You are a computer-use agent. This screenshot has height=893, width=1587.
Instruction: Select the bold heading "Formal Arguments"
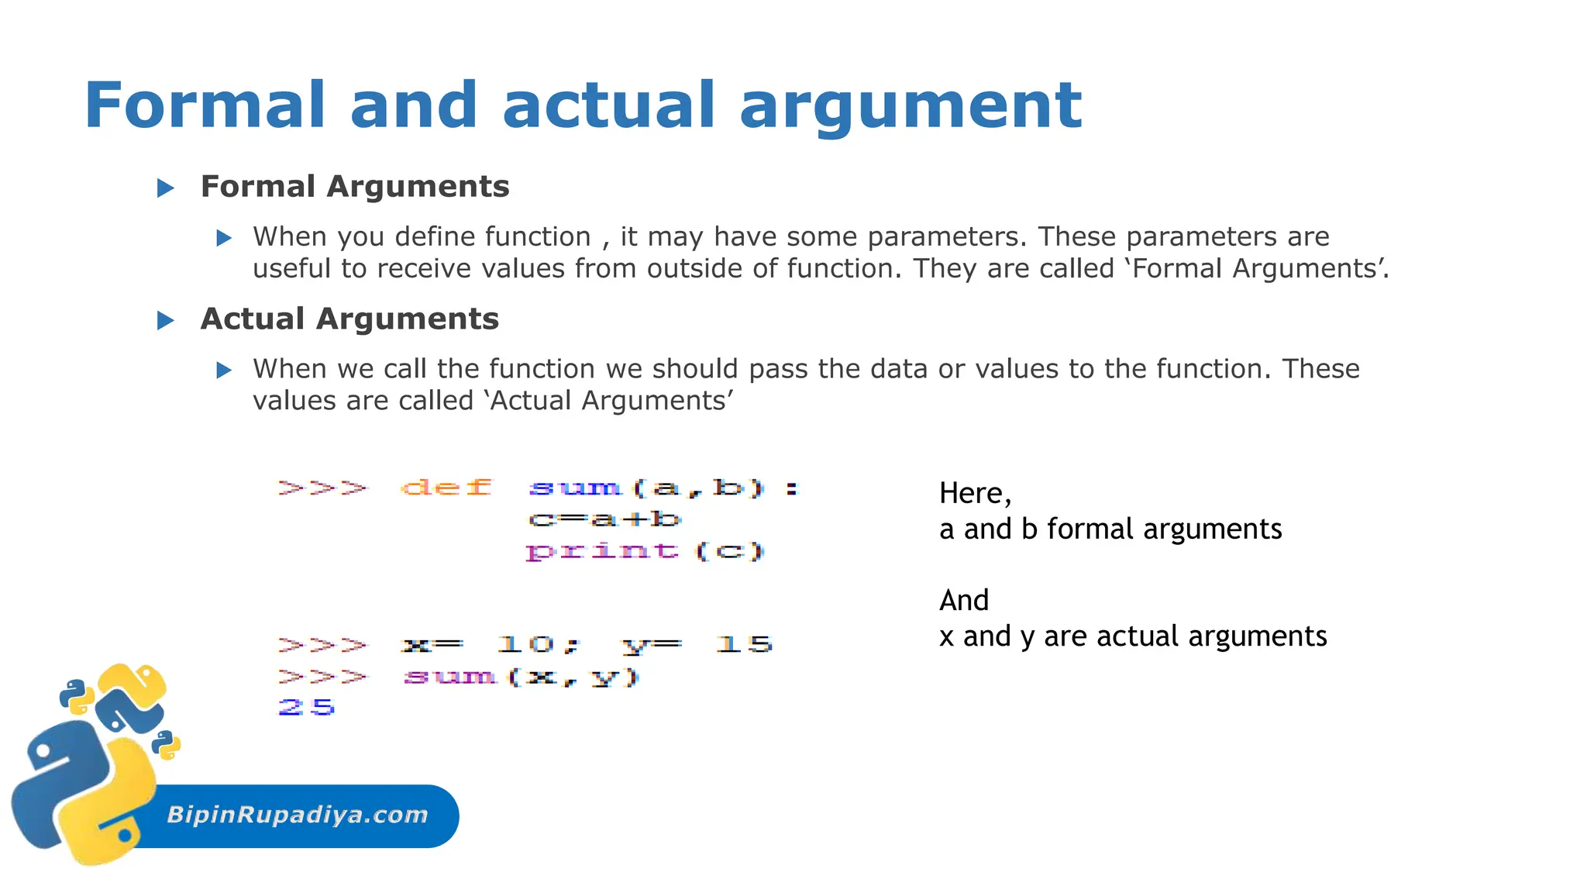click(355, 187)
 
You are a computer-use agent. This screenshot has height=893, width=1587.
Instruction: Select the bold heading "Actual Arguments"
click(349, 319)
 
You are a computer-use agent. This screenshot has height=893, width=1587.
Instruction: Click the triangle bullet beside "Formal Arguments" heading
click(166, 188)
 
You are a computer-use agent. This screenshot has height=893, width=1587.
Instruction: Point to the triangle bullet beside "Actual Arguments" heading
click(166, 320)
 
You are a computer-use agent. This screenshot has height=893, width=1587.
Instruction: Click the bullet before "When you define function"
click(224, 238)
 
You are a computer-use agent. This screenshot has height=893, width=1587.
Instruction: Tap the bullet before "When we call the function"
click(224, 370)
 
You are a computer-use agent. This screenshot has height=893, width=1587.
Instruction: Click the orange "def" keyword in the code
click(446, 488)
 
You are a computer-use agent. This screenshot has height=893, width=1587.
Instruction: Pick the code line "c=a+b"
click(604, 519)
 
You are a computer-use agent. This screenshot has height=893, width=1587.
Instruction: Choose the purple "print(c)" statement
click(645, 551)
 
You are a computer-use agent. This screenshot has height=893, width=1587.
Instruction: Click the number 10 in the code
click(525, 644)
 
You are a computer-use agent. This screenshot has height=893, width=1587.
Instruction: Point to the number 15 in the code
click(744, 644)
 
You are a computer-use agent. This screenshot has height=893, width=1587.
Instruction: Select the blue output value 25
click(307, 707)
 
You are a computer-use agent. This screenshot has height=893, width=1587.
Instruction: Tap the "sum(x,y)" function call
click(522, 677)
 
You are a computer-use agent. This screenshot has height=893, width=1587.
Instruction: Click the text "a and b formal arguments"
click(1110, 529)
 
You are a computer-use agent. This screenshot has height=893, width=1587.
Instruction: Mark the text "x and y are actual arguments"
click(1132, 636)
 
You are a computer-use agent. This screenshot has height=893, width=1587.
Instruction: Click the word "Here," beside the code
click(975, 494)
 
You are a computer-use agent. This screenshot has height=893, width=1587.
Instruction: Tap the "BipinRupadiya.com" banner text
click(298, 815)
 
